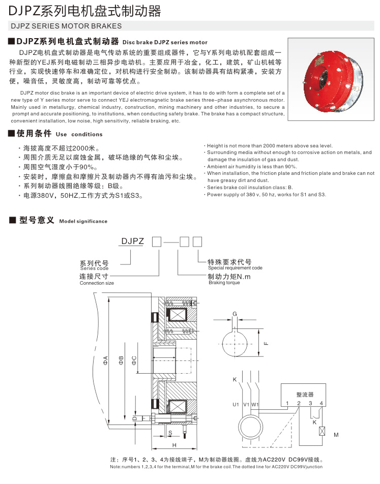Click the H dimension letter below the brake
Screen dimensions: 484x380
173,445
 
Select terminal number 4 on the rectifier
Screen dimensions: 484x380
321,404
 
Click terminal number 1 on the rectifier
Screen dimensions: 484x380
287,404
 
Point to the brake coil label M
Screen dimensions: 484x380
336,435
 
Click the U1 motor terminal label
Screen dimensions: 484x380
236,405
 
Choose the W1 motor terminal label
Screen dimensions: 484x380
256,405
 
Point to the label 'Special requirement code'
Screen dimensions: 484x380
235,267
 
